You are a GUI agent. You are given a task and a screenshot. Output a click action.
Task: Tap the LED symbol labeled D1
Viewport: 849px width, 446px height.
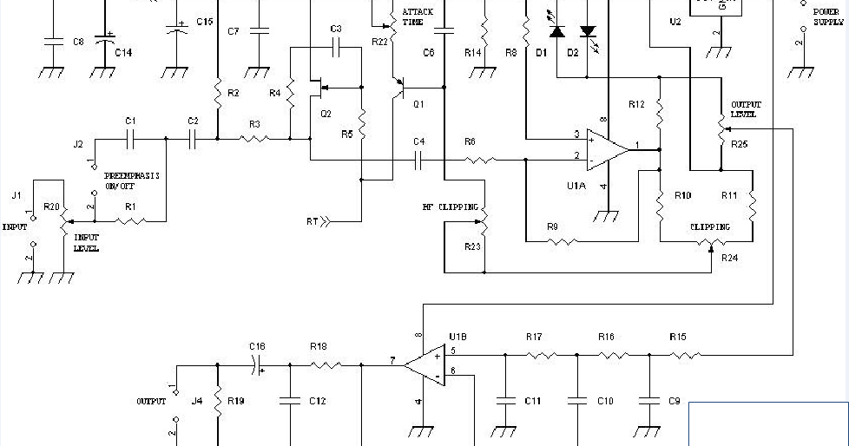pos(556,32)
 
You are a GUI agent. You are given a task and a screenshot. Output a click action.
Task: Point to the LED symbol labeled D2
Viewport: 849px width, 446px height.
pos(588,32)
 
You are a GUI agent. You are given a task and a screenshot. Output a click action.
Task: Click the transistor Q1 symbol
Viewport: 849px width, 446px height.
pos(398,88)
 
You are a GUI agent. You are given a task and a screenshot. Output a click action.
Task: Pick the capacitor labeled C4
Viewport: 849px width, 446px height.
pos(418,159)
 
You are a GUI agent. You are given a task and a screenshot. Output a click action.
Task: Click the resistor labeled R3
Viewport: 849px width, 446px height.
pos(254,138)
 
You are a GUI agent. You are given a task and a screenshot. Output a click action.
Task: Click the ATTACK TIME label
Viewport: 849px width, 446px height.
pos(417,16)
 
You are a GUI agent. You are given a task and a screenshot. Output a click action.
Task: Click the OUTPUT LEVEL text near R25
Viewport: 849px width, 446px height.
pos(744,109)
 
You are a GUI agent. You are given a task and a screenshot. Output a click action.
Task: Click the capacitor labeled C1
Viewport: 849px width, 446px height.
pos(130,137)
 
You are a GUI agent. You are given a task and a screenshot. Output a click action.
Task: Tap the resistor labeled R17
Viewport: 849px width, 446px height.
pos(542,354)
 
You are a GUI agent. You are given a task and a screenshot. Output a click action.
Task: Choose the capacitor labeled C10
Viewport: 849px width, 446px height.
pos(576,401)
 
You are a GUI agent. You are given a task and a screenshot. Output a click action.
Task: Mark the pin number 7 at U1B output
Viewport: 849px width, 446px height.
pos(392,359)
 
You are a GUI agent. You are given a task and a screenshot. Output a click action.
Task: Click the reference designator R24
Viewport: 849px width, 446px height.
pos(729,258)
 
